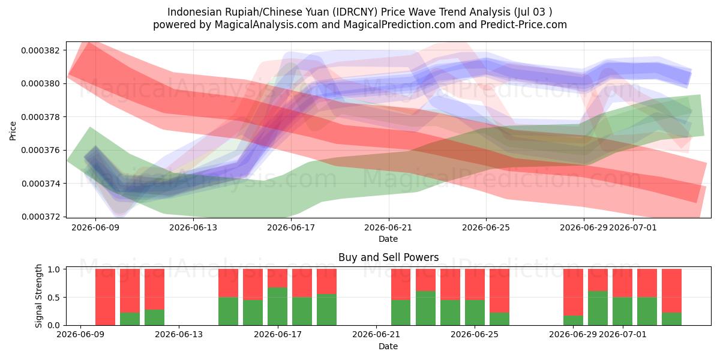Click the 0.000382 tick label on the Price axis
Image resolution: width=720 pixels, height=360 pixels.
(x=41, y=50)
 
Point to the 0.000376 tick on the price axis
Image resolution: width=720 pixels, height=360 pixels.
(x=41, y=151)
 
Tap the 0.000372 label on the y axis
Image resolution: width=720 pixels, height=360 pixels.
(x=41, y=217)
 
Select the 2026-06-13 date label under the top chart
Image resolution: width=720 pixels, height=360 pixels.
(x=193, y=227)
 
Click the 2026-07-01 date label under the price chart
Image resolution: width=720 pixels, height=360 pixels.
(x=632, y=227)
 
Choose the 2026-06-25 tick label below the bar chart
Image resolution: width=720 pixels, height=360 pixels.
(x=475, y=334)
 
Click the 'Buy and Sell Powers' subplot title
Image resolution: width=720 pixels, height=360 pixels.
(x=388, y=257)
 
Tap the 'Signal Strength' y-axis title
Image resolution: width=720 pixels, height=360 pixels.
(x=38, y=296)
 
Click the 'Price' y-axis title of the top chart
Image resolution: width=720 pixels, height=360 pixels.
(x=13, y=131)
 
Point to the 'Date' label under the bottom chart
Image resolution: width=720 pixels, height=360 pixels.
(x=388, y=346)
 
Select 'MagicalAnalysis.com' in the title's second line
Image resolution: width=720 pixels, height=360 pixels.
(x=266, y=25)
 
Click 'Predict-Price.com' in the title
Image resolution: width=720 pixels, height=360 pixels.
(x=524, y=25)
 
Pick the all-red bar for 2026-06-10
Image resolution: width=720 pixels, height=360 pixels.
(x=105, y=297)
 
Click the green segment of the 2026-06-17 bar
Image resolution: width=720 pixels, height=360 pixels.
(x=277, y=307)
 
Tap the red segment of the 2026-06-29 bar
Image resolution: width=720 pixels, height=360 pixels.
(x=573, y=292)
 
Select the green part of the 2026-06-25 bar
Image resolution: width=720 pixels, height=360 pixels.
(x=499, y=319)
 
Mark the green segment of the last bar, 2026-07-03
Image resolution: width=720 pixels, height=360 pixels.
(x=671, y=319)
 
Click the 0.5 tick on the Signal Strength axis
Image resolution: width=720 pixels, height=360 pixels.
(x=55, y=298)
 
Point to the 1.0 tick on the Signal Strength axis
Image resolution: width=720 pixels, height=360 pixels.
(x=55, y=269)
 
